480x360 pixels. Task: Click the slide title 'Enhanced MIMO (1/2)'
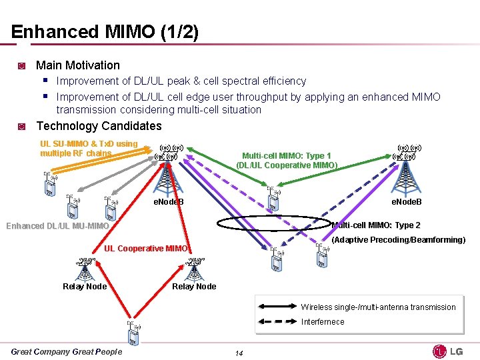point(105,32)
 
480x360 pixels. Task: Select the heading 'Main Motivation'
point(77,65)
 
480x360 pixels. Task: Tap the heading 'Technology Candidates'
point(99,126)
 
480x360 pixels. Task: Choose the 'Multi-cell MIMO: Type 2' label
point(377,225)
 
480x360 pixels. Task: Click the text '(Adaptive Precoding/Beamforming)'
point(398,240)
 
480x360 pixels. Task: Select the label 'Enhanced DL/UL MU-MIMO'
point(57,226)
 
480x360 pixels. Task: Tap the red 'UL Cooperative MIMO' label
point(146,249)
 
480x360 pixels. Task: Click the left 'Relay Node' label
point(85,287)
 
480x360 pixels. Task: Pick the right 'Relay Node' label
point(194,287)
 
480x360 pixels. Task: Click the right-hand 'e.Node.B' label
point(406,202)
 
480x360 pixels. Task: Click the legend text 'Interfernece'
point(323,322)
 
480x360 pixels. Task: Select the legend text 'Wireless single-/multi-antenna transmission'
point(378,307)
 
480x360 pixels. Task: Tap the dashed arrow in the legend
point(277,322)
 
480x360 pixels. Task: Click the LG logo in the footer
point(448,351)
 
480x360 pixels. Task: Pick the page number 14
point(239,353)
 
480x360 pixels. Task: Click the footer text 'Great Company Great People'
point(67,352)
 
